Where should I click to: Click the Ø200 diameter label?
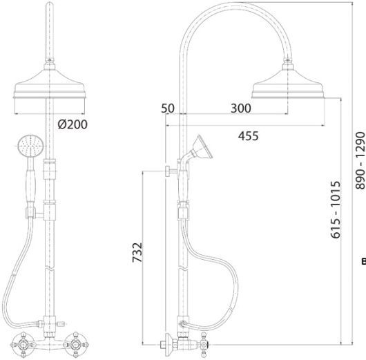click(x=73, y=124)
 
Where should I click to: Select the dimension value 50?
click(x=168, y=108)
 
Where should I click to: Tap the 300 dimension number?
click(x=241, y=108)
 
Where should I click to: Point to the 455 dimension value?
click(x=248, y=136)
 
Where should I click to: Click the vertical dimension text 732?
click(x=137, y=252)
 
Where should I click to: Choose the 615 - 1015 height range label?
click(x=336, y=209)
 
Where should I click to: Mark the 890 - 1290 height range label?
click(x=360, y=160)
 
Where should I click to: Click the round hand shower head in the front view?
click(x=30, y=146)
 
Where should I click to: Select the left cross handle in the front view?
click(x=23, y=345)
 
